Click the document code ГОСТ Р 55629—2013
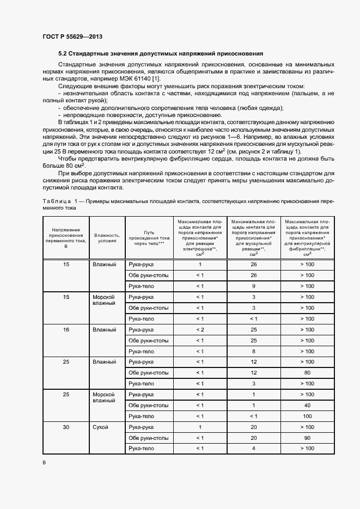click(72, 36)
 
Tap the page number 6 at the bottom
click(44, 462)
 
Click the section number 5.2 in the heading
click(63, 54)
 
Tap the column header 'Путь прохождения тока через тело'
click(148, 238)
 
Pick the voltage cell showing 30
click(66, 427)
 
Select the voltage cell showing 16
click(66, 330)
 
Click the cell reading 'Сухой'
click(101, 427)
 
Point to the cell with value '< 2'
click(199, 330)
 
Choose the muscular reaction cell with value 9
click(253, 286)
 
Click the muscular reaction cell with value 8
click(253, 352)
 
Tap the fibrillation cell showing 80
click(307, 373)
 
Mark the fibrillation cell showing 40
click(307, 405)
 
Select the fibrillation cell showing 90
click(307, 438)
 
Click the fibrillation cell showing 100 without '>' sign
click(307, 416)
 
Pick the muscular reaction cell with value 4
click(253, 448)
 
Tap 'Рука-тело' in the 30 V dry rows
click(141, 448)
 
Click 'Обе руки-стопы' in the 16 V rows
click(148, 341)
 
